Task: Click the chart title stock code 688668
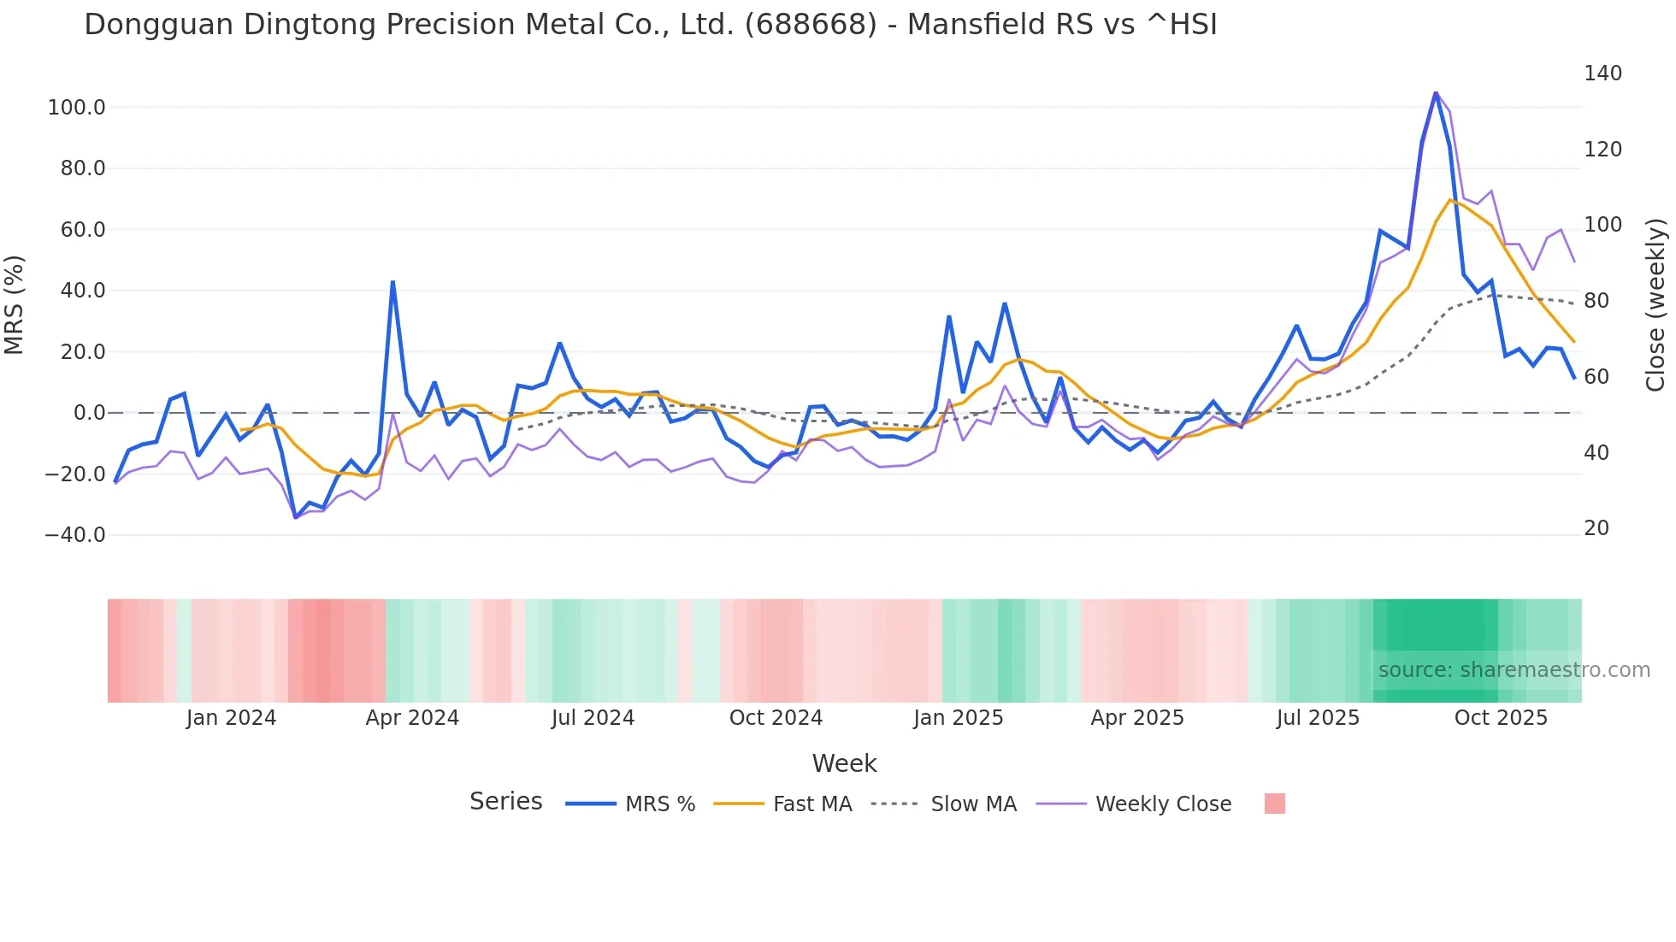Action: coord(811,25)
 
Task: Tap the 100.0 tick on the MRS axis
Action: coord(77,108)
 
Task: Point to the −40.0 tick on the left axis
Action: coord(75,535)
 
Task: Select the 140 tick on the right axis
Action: coord(1602,74)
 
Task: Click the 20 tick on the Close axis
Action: coord(1596,528)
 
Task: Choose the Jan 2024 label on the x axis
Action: coord(231,718)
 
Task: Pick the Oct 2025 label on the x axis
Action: coord(1501,718)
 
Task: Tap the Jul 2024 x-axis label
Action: coord(593,718)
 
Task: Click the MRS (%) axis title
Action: coord(15,304)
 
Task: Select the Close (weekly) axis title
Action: coord(1655,304)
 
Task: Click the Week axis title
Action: coord(844,763)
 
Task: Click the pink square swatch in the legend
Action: coord(1274,804)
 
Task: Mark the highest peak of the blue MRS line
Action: coord(1436,92)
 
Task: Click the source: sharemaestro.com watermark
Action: coord(1514,670)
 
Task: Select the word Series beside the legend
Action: coord(505,802)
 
